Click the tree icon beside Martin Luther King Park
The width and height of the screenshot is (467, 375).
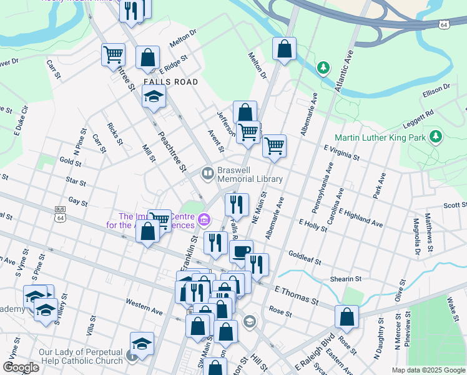click(435, 136)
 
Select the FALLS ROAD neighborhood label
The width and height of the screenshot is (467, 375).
click(170, 82)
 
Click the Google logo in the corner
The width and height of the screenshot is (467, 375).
click(21, 367)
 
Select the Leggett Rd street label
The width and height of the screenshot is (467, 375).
click(420, 117)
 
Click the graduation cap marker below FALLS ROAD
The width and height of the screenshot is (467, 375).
click(153, 97)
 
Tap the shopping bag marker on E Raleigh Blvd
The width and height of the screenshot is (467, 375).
click(347, 317)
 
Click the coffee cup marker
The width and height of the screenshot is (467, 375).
click(241, 252)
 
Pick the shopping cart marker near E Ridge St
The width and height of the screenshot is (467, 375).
click(114, 54)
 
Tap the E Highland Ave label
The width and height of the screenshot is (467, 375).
click(362, 218)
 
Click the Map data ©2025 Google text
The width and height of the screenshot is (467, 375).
click(428, 370)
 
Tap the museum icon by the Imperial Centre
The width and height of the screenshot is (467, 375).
click(204, 220)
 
